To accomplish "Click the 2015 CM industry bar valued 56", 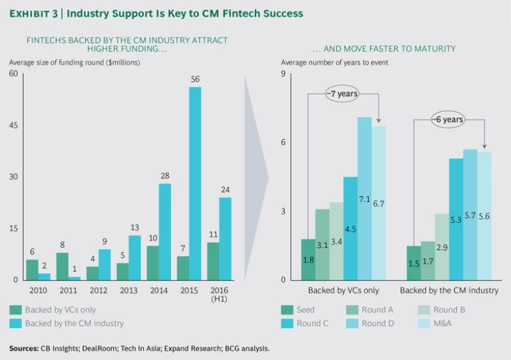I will pos(195,183).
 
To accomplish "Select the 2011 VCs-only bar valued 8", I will pos(63,266).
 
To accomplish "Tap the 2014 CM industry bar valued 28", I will pos(165,232).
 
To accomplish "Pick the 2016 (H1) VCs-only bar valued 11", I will pos(213,261).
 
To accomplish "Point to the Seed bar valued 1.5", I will pos(413,263).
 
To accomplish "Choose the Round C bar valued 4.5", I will pos(350,228).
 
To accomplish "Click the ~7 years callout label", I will pos(343,94).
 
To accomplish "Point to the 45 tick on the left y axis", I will pos(13,125).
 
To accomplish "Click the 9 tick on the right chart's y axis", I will pos(283,73).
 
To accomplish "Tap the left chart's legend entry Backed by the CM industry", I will pos(74,323).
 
